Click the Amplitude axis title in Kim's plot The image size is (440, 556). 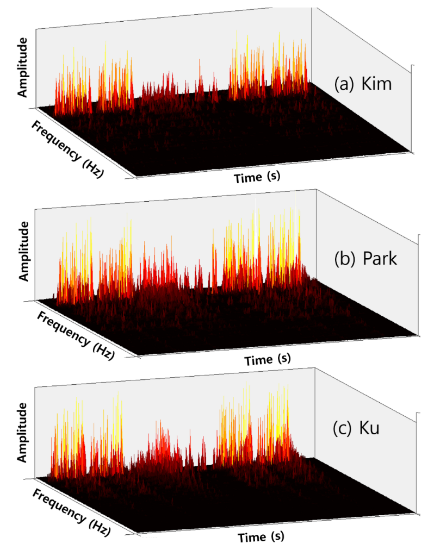[x=23, y=74]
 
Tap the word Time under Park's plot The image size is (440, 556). [x=257, y=360]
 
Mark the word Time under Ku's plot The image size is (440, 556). [x=251, y=538]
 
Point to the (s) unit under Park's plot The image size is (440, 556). [x=283, y=359]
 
